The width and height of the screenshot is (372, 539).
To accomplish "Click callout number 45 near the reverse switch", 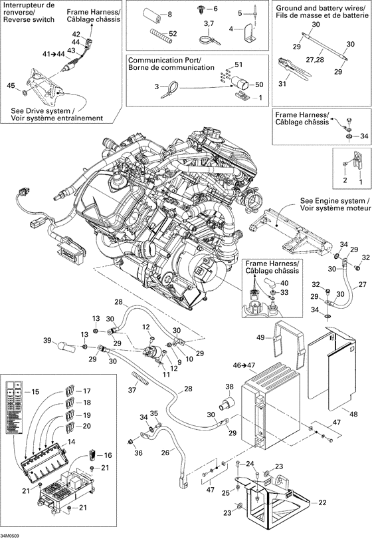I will point(9,85).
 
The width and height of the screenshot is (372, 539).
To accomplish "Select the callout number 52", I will point(173,33).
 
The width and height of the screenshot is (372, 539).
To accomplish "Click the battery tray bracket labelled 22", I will point(272,502).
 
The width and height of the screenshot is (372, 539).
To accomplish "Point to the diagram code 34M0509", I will point(11,534).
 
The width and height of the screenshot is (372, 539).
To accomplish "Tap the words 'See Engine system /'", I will point(334,200).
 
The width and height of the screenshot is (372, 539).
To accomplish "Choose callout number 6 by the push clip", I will point(214,8).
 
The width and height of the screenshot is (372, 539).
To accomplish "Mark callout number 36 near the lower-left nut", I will point(139,453).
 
